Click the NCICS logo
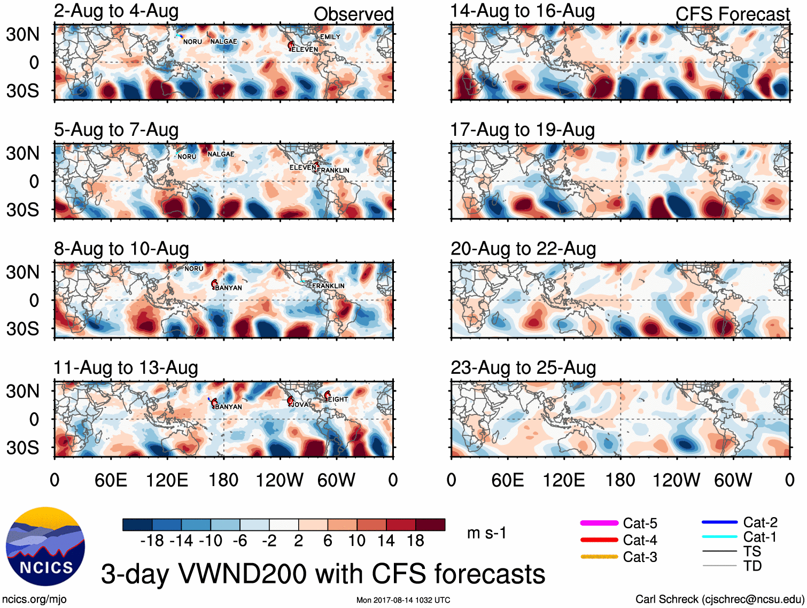[45, 545]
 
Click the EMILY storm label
[330, 37]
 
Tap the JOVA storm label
[299, 405]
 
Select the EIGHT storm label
[338, 399]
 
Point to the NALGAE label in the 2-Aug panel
[223, 42]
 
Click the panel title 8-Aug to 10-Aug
[121, 249]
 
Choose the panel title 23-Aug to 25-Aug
[523, 368]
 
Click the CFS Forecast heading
[732, 14]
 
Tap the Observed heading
[353, 14]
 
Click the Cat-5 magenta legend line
[599, 523]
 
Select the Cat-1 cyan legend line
[719, 537]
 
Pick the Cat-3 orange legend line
[599, 557]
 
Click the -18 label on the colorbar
[152, 541]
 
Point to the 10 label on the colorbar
[356, 541]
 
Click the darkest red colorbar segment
[430, 525]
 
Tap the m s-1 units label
[486, 533]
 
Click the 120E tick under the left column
[167, 480]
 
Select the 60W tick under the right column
[733, 480]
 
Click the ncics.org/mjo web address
[34, 599]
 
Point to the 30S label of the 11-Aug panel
[23, 448]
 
